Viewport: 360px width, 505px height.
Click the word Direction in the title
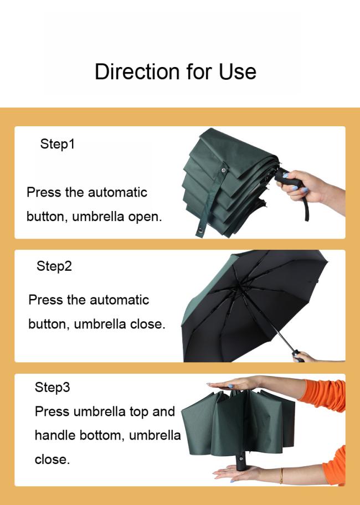point(137,71)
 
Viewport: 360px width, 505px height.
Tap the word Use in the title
point(238,71)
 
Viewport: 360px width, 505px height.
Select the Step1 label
point(57,143)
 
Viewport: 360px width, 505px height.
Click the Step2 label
point(54,266)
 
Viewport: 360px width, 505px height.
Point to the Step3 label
point(52,387)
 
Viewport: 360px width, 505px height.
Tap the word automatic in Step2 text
point(120,300)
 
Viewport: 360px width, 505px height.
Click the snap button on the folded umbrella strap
point(223,170)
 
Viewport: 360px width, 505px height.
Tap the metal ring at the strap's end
point(200,230)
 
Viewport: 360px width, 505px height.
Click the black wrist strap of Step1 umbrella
point(306,209)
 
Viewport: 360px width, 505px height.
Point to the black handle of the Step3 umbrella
point(240,462)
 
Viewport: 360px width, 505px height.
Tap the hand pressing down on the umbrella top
point(235,384)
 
